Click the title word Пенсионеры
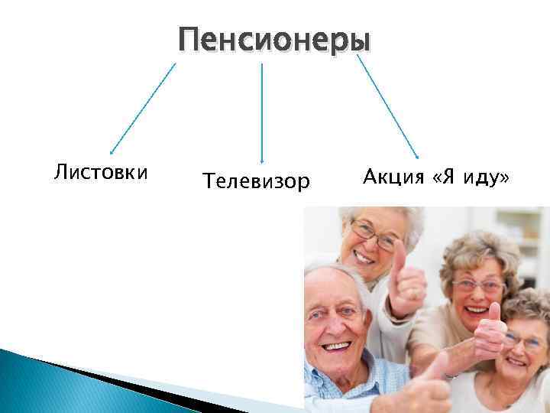point(274,38)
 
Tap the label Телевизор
point(256,181)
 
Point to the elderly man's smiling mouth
point(336,345)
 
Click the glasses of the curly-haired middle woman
point(478,285)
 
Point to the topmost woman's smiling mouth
point(366,259)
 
